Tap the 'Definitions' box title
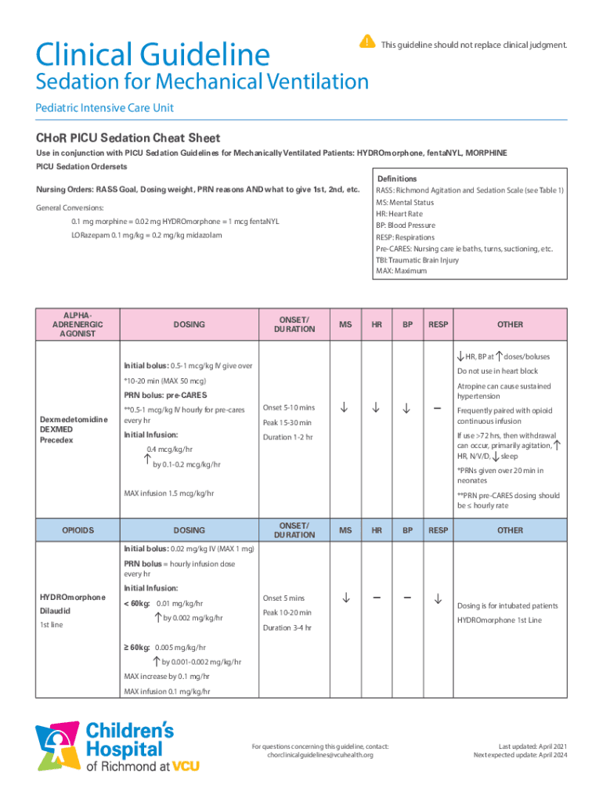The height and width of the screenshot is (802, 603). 397,179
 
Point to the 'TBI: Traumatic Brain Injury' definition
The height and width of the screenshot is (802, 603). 417,259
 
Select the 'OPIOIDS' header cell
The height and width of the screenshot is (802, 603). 78,530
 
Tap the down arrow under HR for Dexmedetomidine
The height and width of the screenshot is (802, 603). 376,407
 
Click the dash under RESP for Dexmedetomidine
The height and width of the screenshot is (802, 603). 438,407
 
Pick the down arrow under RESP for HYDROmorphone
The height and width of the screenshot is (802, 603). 438,599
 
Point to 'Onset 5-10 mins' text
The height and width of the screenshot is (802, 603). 289,407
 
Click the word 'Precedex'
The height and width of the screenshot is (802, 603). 56,439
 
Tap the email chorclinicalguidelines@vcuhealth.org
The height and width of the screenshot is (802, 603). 320,754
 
